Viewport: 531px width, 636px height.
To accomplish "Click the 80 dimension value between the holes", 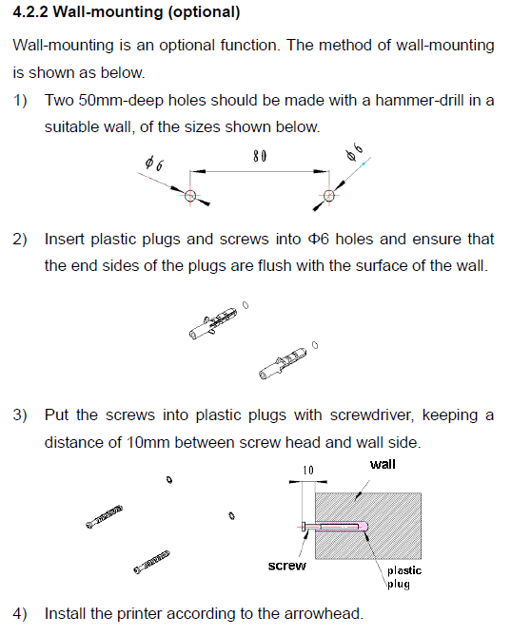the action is point(260,156).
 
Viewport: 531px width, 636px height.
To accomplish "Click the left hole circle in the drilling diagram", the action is point(190,196).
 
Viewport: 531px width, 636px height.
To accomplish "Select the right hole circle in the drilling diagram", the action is point(329,196).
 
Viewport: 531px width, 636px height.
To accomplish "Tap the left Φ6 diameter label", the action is point(154,164).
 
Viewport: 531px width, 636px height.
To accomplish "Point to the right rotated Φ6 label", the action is point(354,152).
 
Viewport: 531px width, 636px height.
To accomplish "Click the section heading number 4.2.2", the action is point(30,11).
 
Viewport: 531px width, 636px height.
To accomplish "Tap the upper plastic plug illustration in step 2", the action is point(213,323).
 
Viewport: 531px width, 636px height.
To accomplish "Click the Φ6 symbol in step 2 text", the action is point(318,239).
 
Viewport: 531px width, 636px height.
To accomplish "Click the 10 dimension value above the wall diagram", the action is point(308,470).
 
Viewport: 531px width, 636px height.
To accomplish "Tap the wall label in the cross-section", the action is point(383,464).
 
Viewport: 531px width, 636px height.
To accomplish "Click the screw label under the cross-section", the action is point(287,566).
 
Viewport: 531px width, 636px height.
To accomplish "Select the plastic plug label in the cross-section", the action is point(403,577).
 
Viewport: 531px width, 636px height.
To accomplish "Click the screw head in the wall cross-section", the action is point(304,527).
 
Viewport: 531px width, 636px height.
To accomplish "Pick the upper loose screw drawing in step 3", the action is point(104,517).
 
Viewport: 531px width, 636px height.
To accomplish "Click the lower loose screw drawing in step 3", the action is point(151,562).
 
